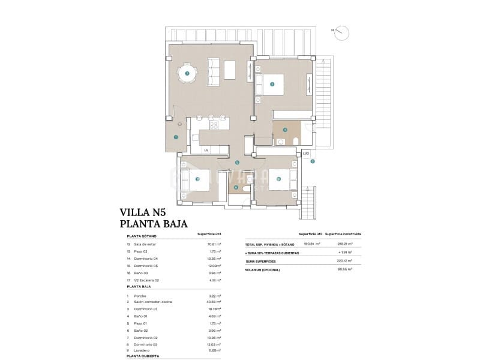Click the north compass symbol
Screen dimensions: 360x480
pyautogui.click(x=341, y=32)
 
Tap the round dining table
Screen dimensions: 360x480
pyautogui.click(x=187, y=73)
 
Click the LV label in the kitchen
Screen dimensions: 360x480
pyautogui.click(x=206, y=150)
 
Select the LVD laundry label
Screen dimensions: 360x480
pyautogui.click(x=305, y=154)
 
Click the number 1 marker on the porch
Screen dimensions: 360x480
pyautogui.click(x=176, y=137)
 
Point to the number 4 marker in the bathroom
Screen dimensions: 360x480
pyautogui.click(x=285, y=129)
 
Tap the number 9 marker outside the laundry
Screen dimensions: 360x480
pyautogui.click(x=313, y=161)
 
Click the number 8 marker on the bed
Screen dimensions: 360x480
pyautogui.click(x=278, y=178)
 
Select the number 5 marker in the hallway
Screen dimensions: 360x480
pyautogui.click(x=237, y=163)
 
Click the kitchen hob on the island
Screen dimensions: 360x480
pyautogui.click(x=214, y=125)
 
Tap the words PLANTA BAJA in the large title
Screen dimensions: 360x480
pyautogui.click(x=154, y=224)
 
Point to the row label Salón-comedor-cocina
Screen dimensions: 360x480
pyautogui.click(x=153, y=301)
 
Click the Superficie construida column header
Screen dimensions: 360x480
pyautogui.click(x=343, y=234)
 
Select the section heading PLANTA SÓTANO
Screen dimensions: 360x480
pyautogui.click(x=142, y=236)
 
